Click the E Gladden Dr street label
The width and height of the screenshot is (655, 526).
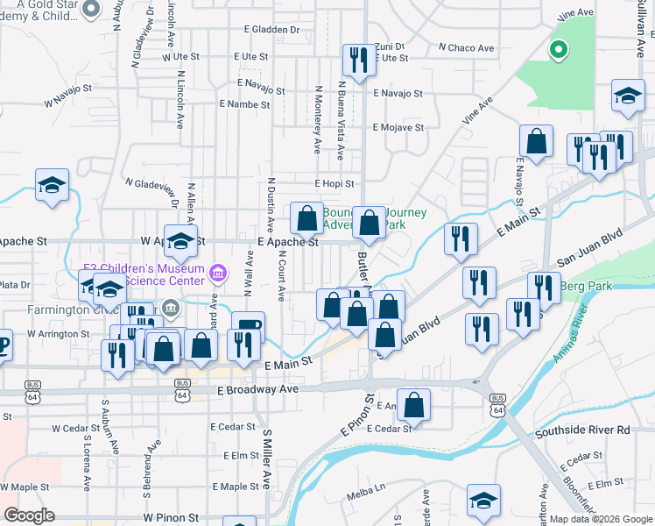[x=271, y=30]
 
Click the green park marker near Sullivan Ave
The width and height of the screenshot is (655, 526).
[x=557, y=50]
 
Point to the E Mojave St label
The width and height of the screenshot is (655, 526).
[x=398, y=127]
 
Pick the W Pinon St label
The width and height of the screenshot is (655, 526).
[x=173, y=518]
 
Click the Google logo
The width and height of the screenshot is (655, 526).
[x=29, y=515]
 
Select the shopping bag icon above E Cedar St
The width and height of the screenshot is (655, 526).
[x=414, y=405]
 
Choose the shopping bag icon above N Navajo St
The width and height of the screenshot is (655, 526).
[x=536, y=141]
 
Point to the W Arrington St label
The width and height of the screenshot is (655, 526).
[x=58, y=334]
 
